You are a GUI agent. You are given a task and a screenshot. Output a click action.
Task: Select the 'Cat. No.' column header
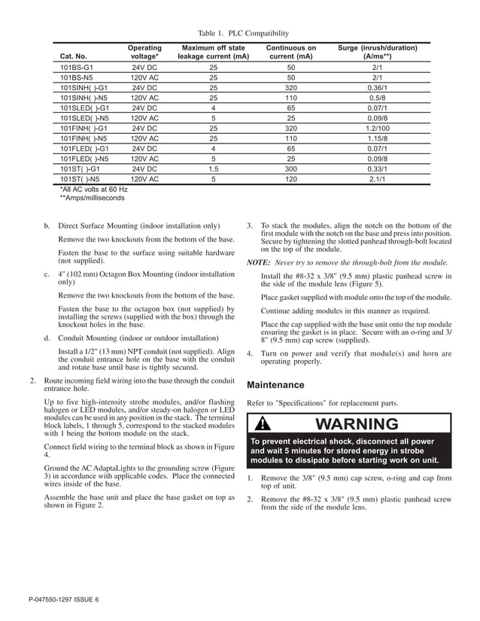click(73, 56)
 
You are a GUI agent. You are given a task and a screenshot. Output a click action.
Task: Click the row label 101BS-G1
click(77, 68)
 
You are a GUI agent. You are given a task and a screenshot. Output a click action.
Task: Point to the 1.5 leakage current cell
click(213, 169)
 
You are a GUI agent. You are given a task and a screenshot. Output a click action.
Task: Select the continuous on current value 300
click(291, 169)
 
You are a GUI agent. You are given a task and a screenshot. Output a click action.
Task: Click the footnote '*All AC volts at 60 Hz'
click(93, 189)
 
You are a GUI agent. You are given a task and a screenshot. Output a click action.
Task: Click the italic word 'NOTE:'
click(258, 262)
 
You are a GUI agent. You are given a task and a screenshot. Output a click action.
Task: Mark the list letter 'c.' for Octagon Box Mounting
click(47, 274)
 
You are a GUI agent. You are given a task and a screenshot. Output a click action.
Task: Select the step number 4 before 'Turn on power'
click(250, 353)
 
